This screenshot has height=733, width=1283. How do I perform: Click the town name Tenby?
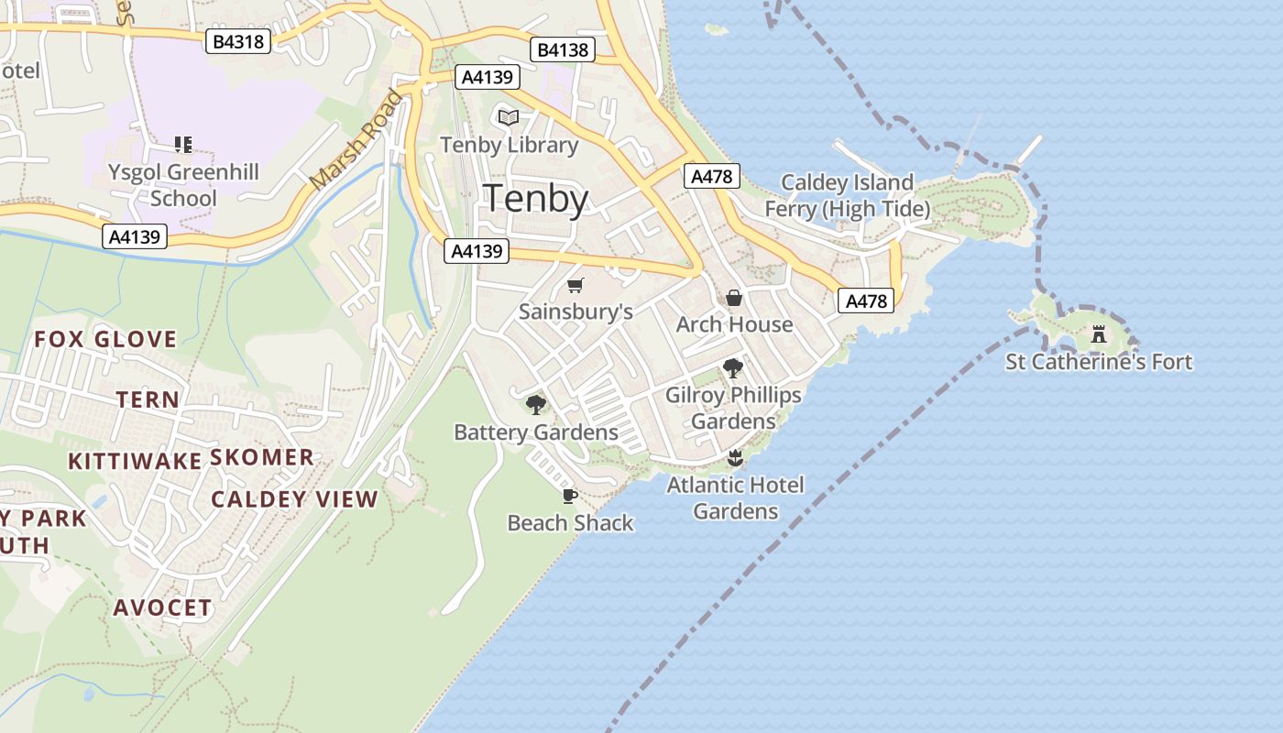tap(536, 198)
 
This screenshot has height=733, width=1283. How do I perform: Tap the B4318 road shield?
tap(238, 41)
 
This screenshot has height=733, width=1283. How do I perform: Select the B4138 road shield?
tap(563, 49)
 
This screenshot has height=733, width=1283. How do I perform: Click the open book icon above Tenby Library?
tap(509, 117)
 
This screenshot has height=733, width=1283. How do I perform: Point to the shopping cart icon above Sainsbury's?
tap(576, 285)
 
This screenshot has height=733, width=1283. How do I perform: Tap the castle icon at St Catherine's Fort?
tap(1099, 334)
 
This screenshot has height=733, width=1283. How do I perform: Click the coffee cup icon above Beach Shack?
tap(570, 497)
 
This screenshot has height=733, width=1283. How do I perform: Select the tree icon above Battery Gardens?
tap(536, 404)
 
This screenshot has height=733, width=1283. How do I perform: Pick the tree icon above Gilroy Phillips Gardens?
tap(732, 368)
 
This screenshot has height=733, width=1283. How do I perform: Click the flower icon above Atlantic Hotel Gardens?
tap(734, 457)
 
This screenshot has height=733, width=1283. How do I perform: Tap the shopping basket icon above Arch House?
tap(734, 298)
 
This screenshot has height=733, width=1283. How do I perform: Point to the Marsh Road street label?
tap(356, 139)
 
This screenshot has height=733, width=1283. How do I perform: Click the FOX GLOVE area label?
tap(105, 340)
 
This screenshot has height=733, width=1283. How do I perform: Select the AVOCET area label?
tap(163, 607)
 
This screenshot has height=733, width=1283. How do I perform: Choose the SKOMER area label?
tap(262, 457)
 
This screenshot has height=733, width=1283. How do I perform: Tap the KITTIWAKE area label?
tap(135, 461)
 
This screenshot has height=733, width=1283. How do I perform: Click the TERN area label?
tap(148, 400)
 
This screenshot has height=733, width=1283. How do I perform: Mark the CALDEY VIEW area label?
tap(294, 499)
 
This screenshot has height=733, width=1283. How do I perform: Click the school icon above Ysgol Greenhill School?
tap(182, 144)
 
